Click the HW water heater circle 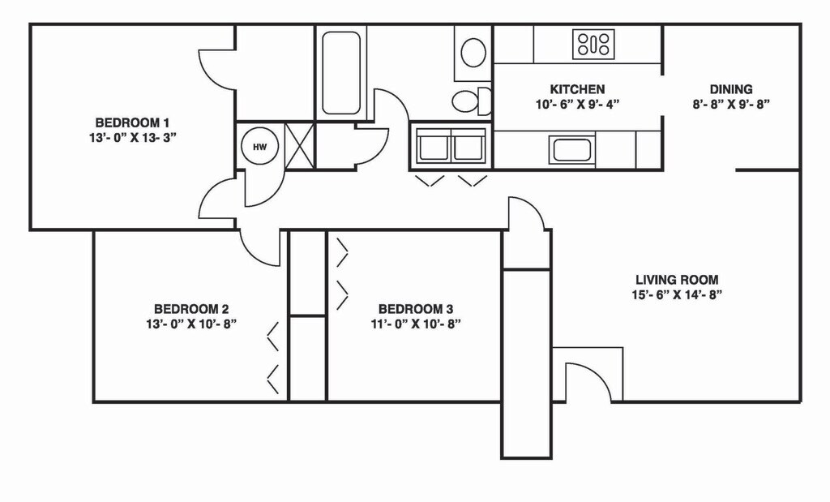tap(259, 147)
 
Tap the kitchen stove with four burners tap(593, 43)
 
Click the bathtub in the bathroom tap(340, 73)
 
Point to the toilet tap(471, 101)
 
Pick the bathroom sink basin tap(473, 52)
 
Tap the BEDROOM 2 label tap(191, 309)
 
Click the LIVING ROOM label tap(677, 280)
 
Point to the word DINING tap(731, 89)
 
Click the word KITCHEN tap(577, 89)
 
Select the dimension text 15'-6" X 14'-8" tap(677, 294)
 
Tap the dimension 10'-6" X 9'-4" tap(577, 104)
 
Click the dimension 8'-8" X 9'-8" tap(731, 104)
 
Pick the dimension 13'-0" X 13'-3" tap(132, 137)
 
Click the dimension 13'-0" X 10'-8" tap(191, 324)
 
